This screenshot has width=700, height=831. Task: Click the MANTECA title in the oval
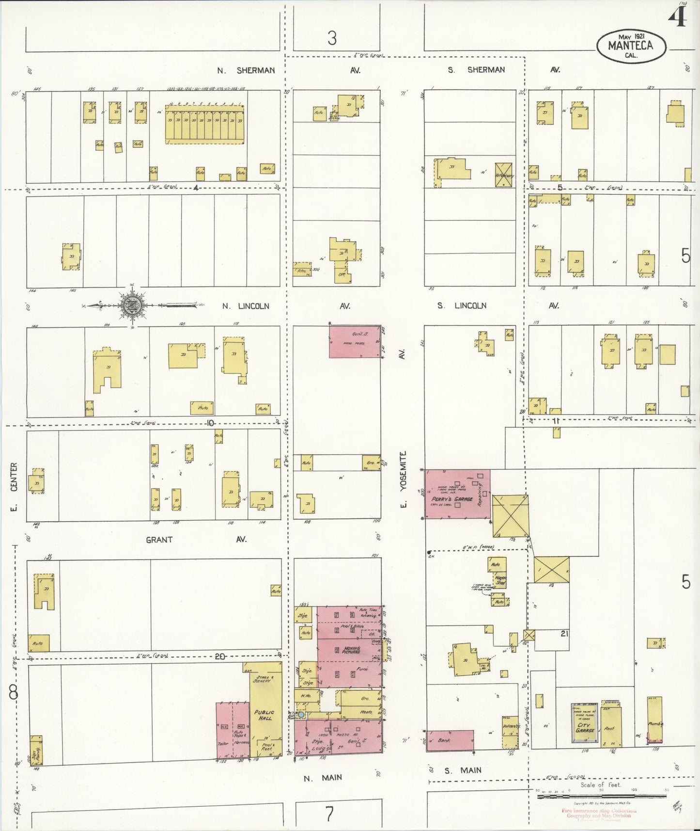click(x=631, y=46)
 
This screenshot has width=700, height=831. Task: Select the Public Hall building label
click(x=264, y=716)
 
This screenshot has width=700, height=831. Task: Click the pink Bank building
click(x=450, y=740)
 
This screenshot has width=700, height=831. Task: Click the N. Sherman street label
click(x=246, y=70)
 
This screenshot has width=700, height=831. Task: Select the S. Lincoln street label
click(x=461, y=306)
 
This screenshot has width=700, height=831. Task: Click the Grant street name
click(x=159, y=539)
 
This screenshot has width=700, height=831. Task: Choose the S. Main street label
click(x=464, y=770)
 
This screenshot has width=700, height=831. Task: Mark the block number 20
click(x=220, y=656)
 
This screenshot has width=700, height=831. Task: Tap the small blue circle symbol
click(x=301, y=715)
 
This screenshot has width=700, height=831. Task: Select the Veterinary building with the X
click(x=505, y=175)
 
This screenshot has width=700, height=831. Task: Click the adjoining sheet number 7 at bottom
click(x=329, y=814)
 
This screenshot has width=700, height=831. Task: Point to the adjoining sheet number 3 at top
click(x=332, y=38)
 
